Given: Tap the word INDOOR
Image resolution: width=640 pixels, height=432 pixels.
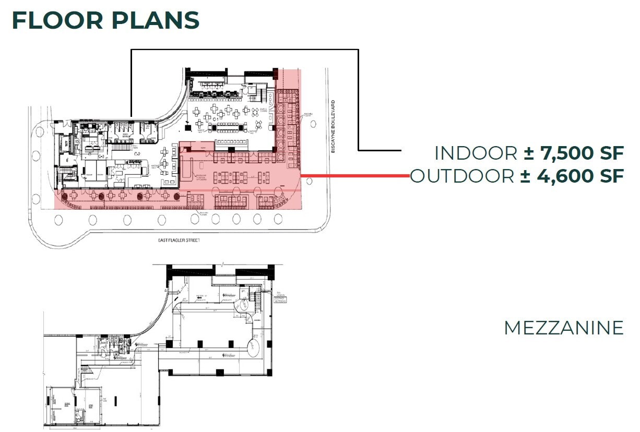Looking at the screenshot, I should [x=476, y=153].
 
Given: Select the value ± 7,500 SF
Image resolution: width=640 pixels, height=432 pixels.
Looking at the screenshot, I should [x=574, y=153].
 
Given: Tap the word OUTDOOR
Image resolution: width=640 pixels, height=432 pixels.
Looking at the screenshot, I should [x=462, y=176].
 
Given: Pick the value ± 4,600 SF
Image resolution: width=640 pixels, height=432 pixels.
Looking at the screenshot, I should [x=572, y=176].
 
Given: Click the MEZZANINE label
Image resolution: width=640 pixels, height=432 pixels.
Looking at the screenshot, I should [x=563, y=328].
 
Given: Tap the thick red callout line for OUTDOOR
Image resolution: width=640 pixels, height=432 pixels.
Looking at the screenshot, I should [x=355, y=176].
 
